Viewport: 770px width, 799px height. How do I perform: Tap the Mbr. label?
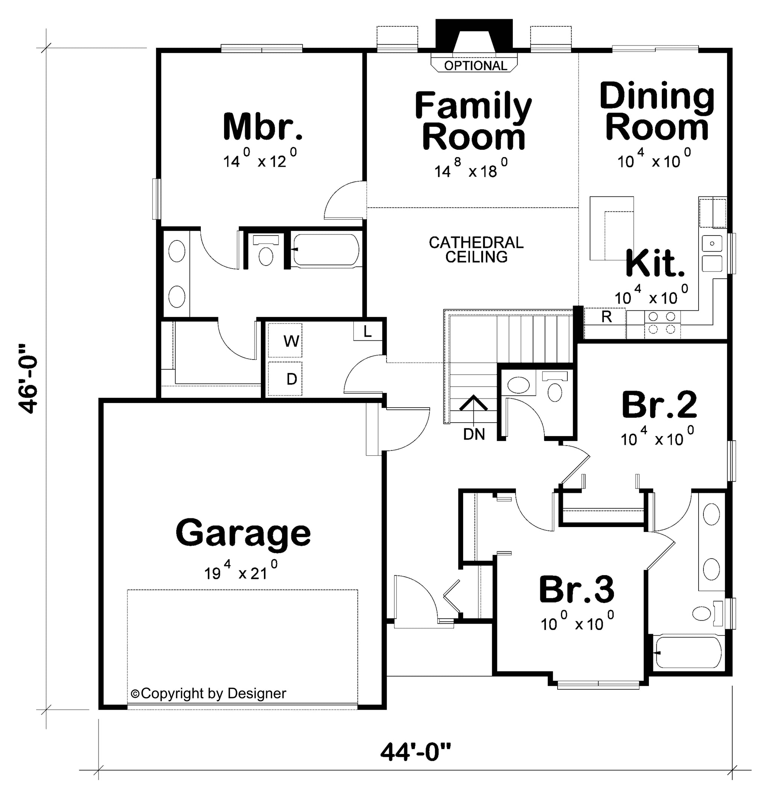click(263, 127)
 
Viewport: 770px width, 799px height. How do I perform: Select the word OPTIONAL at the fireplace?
click(475, 66)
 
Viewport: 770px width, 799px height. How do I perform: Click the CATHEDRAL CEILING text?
click(476, 249)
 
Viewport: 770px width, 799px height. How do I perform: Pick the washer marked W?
click(285, 340)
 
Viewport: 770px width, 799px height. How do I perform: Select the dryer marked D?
click(285, 379)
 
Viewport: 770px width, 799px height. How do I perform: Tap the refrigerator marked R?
click(606, 317)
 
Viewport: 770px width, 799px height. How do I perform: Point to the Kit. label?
click(655, 264)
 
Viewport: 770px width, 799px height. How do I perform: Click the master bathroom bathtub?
click(326, 250)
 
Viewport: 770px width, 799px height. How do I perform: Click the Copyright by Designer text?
click(209, 693)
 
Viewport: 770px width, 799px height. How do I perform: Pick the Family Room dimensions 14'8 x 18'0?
click(471, 168)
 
